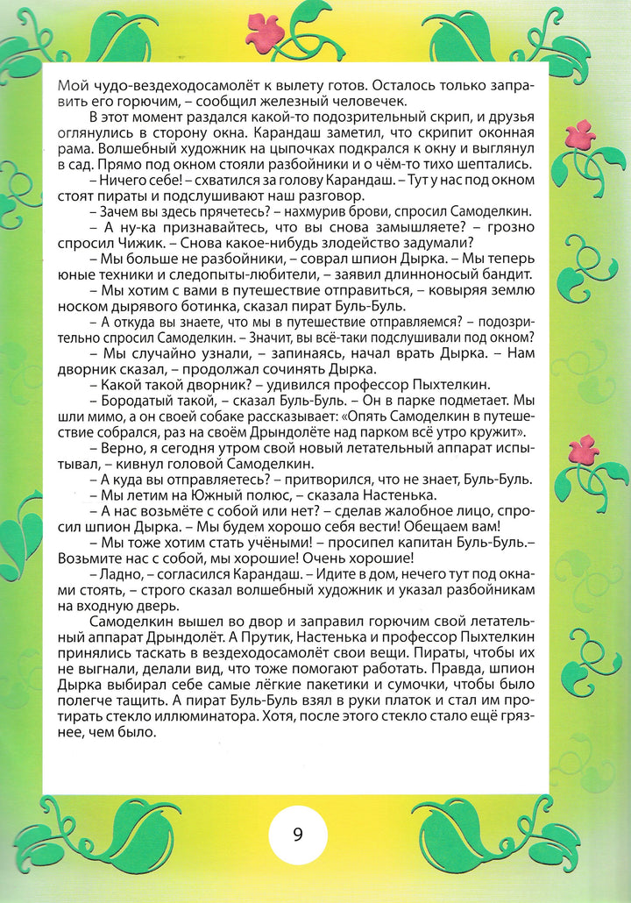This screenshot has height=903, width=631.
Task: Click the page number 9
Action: (x=298, y=835)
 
